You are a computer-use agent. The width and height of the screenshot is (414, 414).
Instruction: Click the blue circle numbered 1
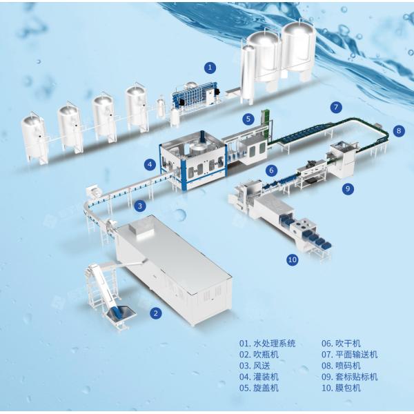click(x=210, y=68)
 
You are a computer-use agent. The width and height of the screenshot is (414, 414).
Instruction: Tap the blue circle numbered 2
click(x=156, y=313)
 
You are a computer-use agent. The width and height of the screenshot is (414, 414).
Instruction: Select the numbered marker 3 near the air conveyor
click(x=140, y=206)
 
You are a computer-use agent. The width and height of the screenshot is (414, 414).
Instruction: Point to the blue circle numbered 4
click(x=150, y=165)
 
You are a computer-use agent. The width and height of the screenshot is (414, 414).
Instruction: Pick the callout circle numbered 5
click(x=248, y=119)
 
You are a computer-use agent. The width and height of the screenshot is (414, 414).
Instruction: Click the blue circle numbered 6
click(x=272, y=170)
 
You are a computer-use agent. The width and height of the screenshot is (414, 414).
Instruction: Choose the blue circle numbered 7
click(x=336, y=107)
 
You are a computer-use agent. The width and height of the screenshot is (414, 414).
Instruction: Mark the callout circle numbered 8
click(x=399, y=130)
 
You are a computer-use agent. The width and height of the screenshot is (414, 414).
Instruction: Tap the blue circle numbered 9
click(x=348, y=188)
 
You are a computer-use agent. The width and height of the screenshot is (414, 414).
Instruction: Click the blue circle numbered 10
click(x=293, y=260)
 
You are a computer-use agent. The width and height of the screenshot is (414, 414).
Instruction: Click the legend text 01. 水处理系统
click(x=268, y=344)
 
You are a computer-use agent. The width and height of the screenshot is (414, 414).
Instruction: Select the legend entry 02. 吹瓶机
click(x=259, y=355)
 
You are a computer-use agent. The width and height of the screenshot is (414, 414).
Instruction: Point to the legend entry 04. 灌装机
click(x=259, y=377)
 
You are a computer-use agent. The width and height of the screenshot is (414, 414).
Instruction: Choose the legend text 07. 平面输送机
click(x=350, y=355)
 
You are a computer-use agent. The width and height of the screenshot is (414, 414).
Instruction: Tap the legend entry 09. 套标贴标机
click(x=350, y=377)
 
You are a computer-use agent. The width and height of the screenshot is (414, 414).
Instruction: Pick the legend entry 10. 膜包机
click(x=341, y=388)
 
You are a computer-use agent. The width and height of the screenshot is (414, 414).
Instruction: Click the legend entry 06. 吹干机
click(x=341, y=344)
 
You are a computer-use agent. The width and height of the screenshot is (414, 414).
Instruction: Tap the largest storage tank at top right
click(x=298, y=50)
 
